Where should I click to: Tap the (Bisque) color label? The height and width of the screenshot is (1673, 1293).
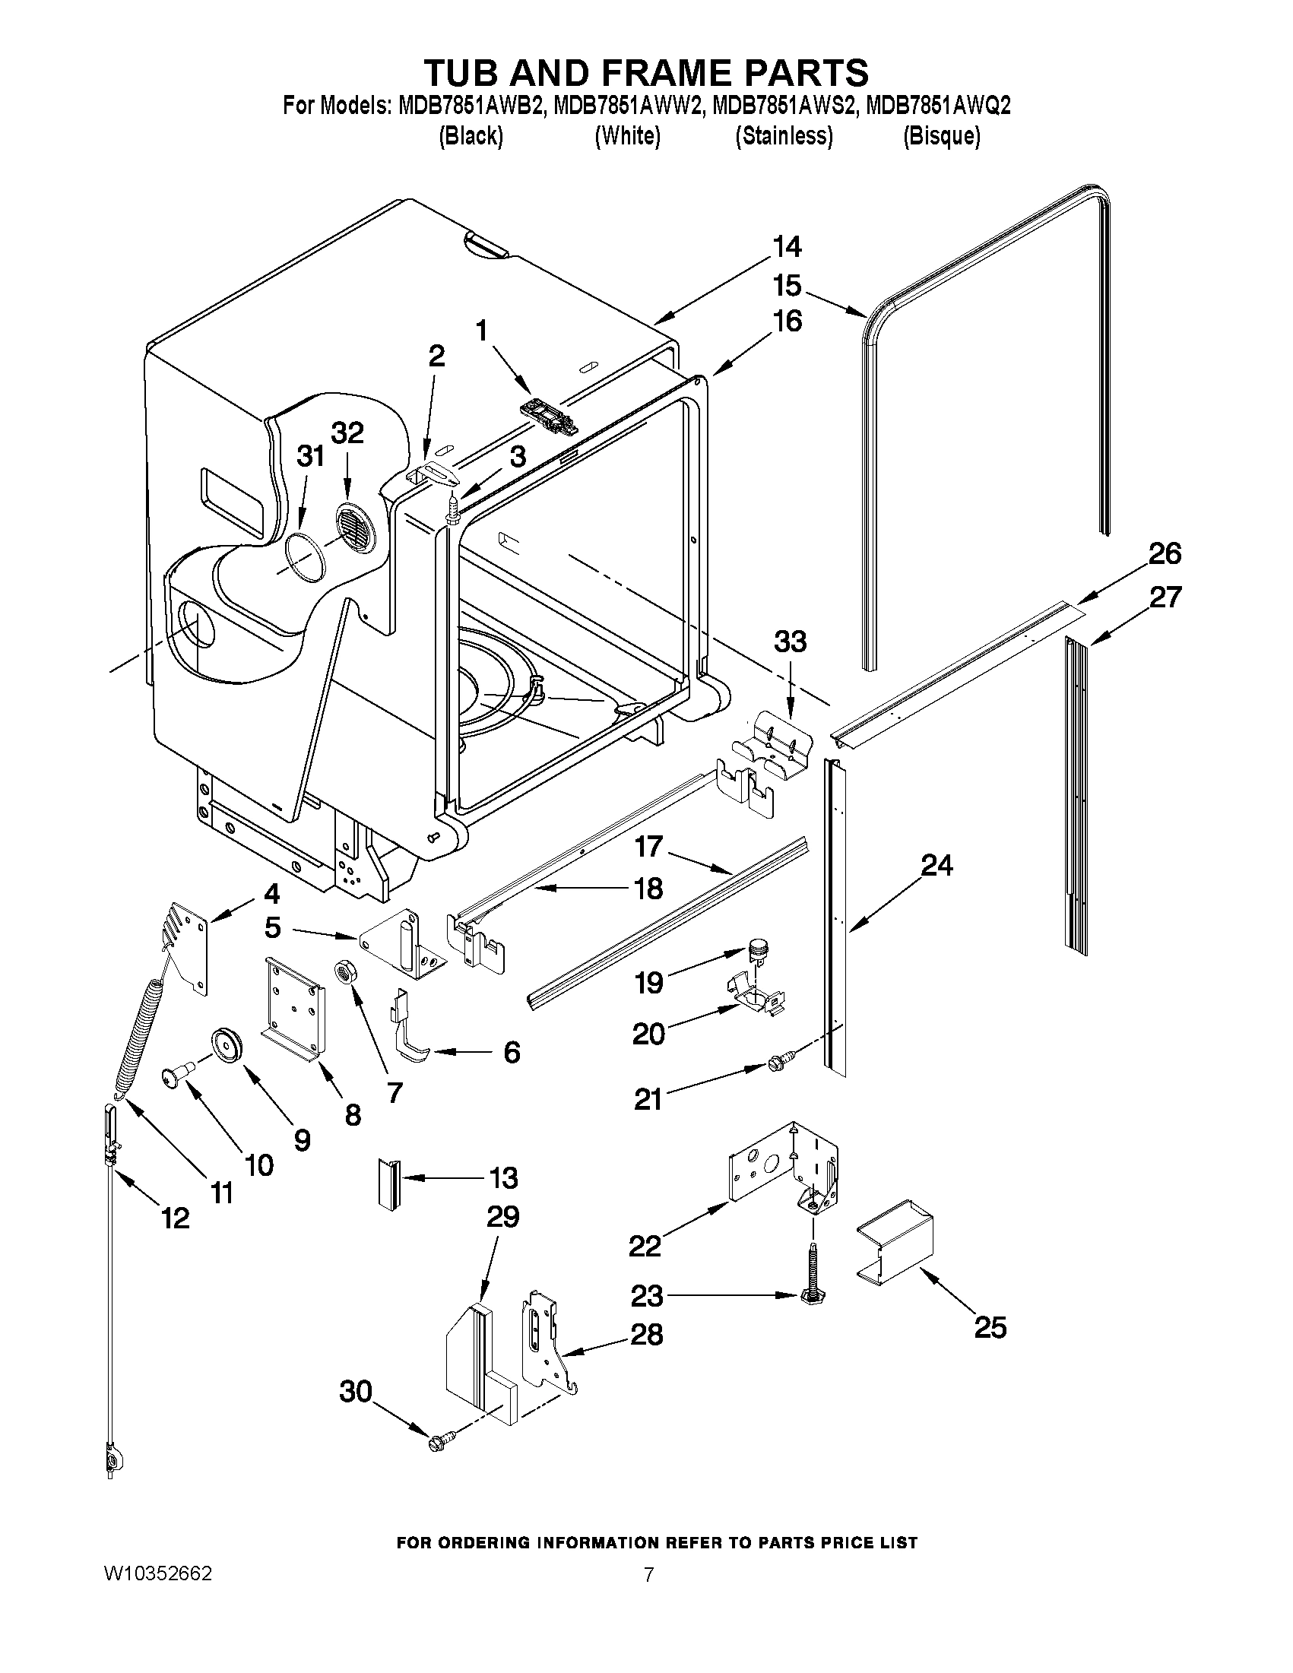[x=941, y=135]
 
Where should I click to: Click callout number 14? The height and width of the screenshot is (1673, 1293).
[x=786, y=247]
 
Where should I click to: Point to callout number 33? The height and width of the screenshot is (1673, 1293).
[x=790, y=642]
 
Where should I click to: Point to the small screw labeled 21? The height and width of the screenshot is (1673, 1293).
[x=779, y=1062]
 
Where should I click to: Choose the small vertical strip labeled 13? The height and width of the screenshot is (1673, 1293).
[x=387, y=1184]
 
